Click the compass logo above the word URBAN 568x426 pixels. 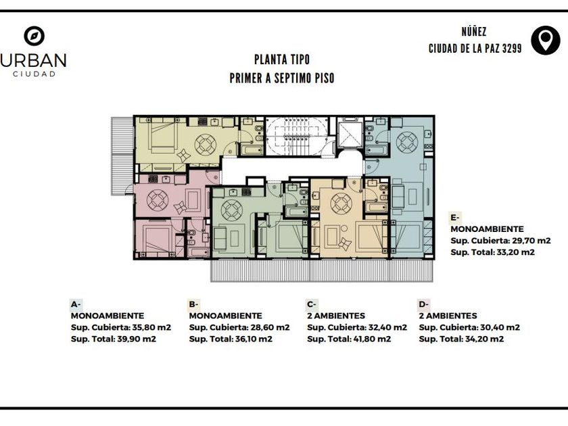(34, 36)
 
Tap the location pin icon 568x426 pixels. (546, 41)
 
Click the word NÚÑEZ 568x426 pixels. (474, 32)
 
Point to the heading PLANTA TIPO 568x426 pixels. (282, 60)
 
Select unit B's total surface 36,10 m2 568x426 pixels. (253, 339)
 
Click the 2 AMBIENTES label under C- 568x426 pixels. (336, 316)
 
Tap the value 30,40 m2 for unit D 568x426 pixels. (500, 327)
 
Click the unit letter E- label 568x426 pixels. (454, 218)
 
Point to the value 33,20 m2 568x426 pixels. (515, 252)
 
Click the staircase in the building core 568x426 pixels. (297, 136)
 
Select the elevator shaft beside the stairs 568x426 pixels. (350, 134)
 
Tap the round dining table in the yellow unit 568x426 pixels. (206, 145)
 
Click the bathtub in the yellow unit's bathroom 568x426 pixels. (252, 149)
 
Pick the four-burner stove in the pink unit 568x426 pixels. (153, 179)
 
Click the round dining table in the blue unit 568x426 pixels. (407, 141)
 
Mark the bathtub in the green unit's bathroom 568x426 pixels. (296, 211)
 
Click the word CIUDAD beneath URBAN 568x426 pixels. (34, 74)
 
